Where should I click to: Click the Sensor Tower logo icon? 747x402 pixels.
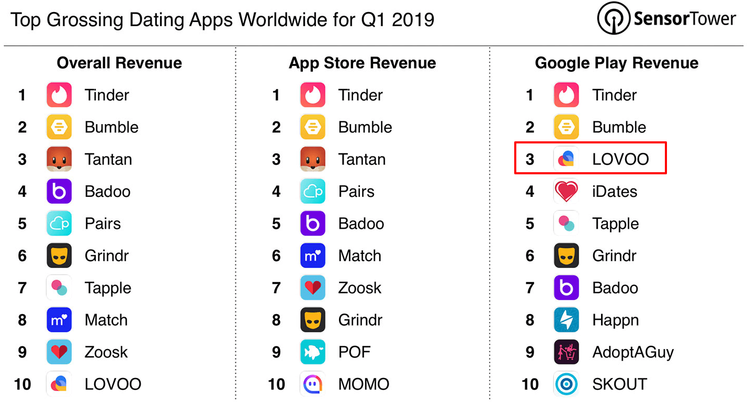coord(614,19)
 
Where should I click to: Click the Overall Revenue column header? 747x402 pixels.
coord(119,63)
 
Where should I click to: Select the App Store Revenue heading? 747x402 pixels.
coord(363,63)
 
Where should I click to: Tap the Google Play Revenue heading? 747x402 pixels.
coord(617,63)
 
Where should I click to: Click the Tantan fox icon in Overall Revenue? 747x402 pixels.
coord(59,159)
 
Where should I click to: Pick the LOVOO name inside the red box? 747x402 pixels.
coord(620,159)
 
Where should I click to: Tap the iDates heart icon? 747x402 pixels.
coord(567,192)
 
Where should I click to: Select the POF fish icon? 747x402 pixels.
coord(313,352)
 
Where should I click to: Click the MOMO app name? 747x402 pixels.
coord(364,384)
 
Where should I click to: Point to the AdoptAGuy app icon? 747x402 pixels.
coord(567,352)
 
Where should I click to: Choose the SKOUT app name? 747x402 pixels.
coord(619,384)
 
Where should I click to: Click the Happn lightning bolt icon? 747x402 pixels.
coord(567,320)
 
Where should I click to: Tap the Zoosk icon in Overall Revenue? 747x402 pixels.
coord(59,352)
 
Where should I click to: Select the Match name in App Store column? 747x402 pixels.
coord(360,256)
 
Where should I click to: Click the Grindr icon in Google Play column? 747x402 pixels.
coord(567,256)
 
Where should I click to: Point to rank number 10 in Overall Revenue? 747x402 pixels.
coord(22,384)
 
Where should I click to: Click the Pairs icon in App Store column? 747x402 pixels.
coord(313,192)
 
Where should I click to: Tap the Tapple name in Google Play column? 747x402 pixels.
coord(615,224)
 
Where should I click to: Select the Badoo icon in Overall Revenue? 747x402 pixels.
coord(59,192)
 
